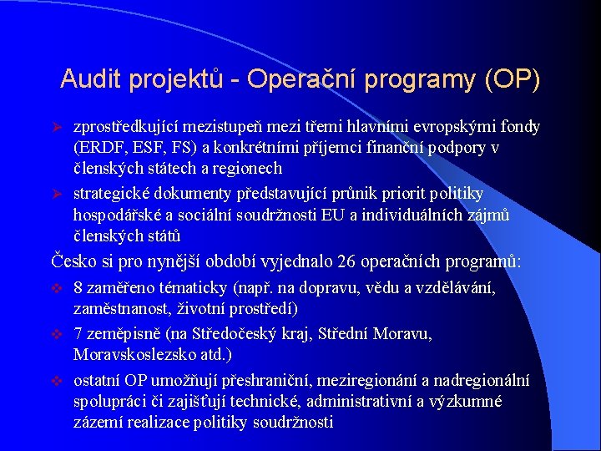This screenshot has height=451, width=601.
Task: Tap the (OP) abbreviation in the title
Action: pyautogui.click(x=511, y=80)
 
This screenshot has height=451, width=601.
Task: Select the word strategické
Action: pyautogui.click(x=114, y=194)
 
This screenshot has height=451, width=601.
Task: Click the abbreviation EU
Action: pyautogui.click(x=321, y=215)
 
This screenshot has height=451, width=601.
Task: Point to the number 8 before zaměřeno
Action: pyautogui.click(x=78, y=288)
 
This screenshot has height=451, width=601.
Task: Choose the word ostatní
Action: pyautogui.click(x=98, y=380)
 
